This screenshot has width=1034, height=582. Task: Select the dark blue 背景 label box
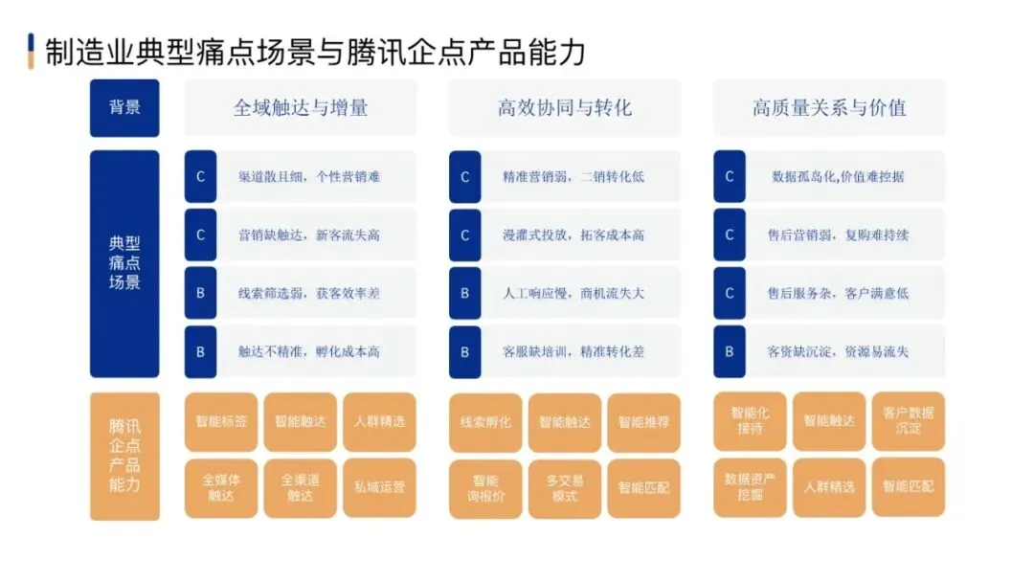click(124, 107)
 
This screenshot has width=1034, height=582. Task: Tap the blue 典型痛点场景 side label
click(124, 263)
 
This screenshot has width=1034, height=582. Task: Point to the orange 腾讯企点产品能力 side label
click(124, 456)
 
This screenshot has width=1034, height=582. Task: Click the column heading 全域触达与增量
click(301, 107)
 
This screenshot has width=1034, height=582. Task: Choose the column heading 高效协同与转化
click(565, 107)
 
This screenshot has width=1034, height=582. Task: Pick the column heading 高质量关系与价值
click(829, 107)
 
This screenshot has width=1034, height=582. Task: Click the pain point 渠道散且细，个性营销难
click(309, 176)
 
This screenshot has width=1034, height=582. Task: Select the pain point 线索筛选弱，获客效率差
click(309, 293)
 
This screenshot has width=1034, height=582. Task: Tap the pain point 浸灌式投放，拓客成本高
click(573, 235)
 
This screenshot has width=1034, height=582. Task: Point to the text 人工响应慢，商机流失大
click(573, 293)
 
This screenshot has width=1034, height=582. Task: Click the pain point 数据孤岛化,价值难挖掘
click(838, 176)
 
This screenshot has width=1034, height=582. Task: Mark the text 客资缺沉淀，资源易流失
click(838, 351)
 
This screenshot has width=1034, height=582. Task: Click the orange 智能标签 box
click(221, 421)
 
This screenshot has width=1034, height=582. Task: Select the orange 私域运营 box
click(379, 487)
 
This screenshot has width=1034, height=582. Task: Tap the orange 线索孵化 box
click(485, 421)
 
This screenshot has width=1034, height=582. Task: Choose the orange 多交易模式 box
click(565, 487)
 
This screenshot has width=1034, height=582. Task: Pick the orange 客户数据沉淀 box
click(908, 421)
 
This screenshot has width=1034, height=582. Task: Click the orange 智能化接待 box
click(750, 421)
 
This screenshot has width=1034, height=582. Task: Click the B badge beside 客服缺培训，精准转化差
click(465, 351)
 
